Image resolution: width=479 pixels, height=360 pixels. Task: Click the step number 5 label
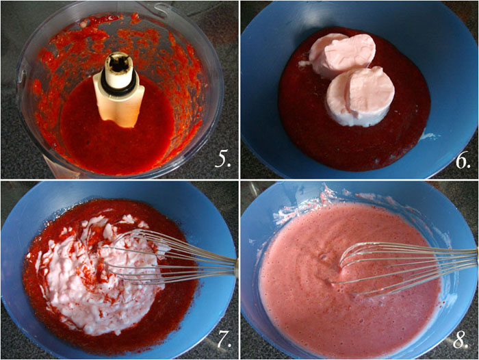221,159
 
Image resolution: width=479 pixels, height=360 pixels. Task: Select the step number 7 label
221,338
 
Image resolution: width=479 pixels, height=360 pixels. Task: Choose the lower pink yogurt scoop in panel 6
359,96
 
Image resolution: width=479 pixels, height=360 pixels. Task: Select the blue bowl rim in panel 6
267,41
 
